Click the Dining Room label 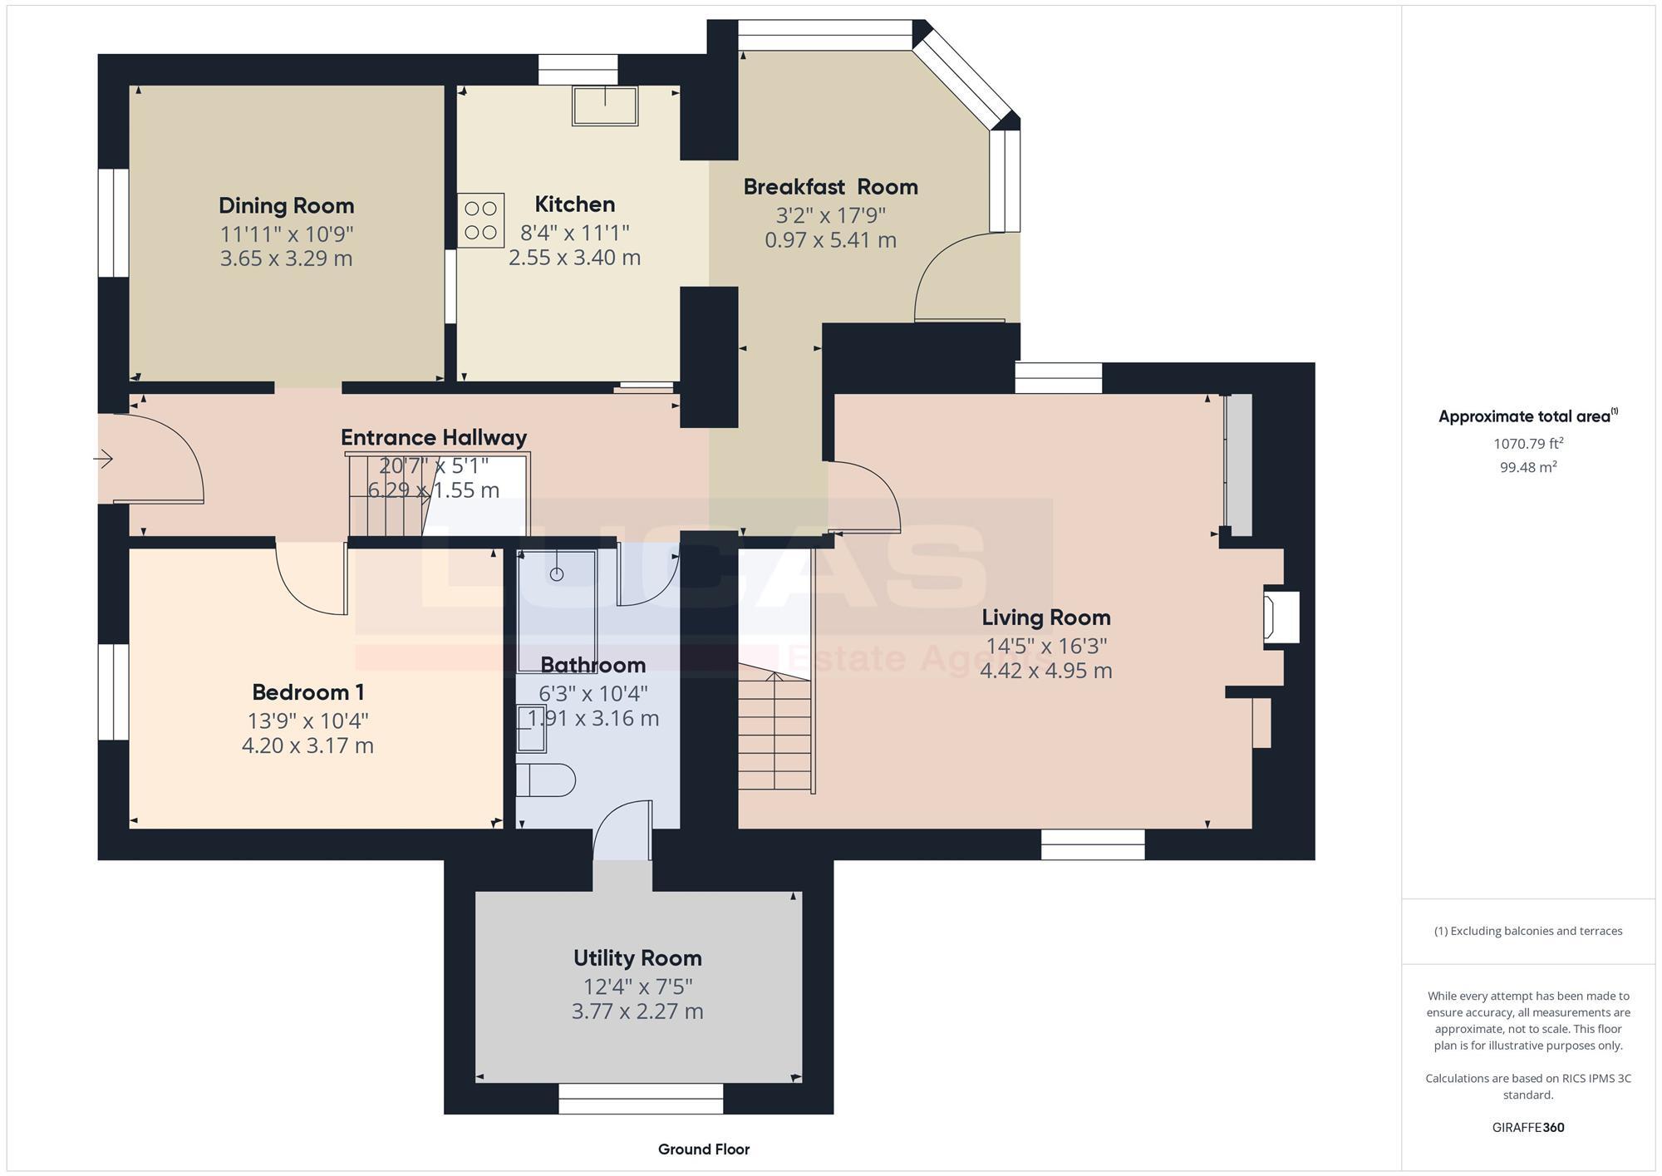286,205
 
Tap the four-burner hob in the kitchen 480,220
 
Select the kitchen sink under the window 604,106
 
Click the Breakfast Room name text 830,187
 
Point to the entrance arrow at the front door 103,458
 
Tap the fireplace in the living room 1281,616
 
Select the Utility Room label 637,958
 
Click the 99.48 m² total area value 1527,467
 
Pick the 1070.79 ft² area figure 1527,444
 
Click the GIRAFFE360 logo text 1527,1127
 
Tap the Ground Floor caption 703,1149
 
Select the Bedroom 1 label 307,692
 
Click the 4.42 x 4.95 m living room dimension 1045,671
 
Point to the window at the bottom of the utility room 640,1098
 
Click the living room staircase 774,731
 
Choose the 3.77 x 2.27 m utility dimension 637,1011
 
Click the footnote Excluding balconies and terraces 1527,931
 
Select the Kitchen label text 574,204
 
